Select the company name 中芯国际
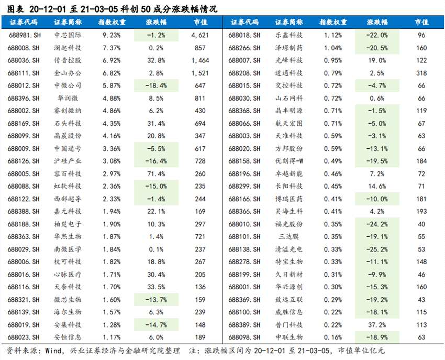pos(68,35)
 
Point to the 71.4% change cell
pos(156,173)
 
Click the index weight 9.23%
pos(112,35)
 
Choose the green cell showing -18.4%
pos(156,85)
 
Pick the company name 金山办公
pos(68,73)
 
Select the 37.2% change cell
pos(377,324)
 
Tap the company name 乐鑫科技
pos(288,35)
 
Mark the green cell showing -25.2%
pos(377,249)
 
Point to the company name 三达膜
pos(288,236)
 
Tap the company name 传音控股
pos(68,60)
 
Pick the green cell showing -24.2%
pos(377,224)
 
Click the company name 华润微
pos(68,98)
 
